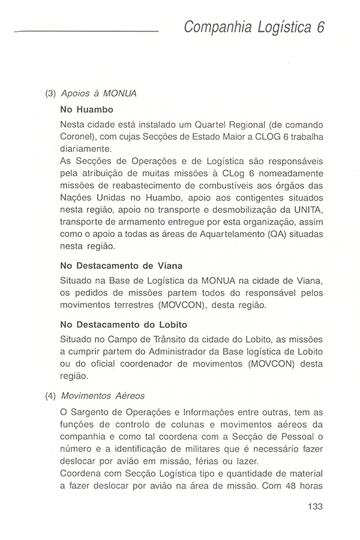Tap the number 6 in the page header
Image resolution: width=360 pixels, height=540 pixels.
(320, 27)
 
